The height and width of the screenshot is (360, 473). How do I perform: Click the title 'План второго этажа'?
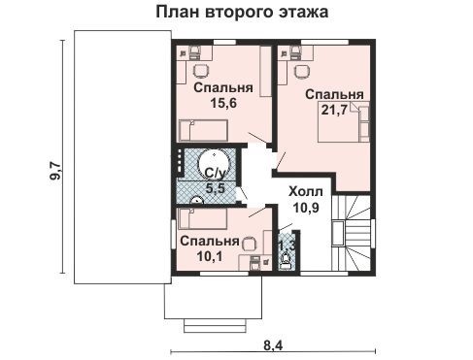[242, 13]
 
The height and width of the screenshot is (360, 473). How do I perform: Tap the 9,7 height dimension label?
[54, 171]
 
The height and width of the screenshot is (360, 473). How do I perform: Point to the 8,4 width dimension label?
[273, 345]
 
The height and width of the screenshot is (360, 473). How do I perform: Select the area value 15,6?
[223, 103]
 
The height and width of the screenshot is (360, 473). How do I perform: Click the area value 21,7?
[334, 110]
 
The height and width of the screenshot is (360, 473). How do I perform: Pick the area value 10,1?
[210, 256]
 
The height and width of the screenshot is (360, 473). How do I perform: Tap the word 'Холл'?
[306, 191]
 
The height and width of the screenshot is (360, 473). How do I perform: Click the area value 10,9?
[306, 208]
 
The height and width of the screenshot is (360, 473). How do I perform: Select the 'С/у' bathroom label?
[215, 174]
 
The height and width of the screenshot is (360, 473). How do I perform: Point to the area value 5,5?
[216, 188]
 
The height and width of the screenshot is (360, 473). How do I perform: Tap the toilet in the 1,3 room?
[286, 259]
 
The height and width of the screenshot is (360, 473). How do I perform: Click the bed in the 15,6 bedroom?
[204, 130]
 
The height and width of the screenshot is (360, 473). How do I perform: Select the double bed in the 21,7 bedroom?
[344, 121]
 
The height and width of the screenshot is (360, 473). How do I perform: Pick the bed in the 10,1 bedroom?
[203, 218]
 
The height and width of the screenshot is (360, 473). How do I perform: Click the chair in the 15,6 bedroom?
[201, 71]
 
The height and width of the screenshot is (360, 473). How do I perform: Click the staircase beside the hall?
[352, 233]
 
